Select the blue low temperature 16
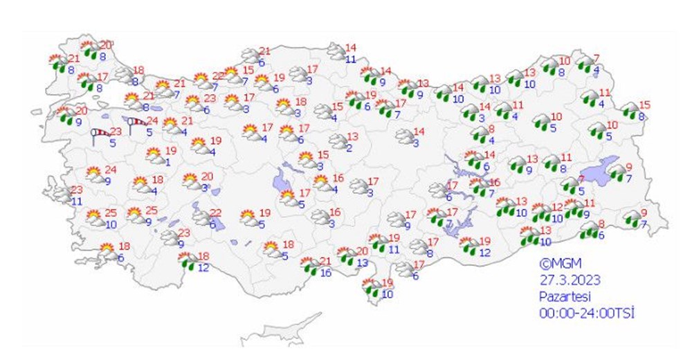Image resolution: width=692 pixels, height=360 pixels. (x=327, y=273)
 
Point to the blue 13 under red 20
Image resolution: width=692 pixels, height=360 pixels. (x=362, y=263)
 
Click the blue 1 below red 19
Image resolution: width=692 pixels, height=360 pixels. (x=168, y=163)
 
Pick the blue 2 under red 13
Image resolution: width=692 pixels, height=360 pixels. (x=349, y=147)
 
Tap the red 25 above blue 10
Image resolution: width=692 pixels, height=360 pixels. (x=110, y=212)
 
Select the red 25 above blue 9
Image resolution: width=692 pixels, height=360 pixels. (x=152, y=210)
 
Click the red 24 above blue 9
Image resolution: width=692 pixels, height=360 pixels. (x=111, y=170)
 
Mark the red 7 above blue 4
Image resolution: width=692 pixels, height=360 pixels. (x=597, y=58)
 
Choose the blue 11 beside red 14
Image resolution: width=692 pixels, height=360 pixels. (x=350, y=60)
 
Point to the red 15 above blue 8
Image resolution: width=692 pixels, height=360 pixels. (x=645, y=105)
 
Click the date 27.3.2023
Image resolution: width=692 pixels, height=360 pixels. (x=570, y=280)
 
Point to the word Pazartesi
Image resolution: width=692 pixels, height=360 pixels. (x=565, y=296)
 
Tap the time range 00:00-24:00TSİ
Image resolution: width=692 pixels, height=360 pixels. (x=588, y=313)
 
